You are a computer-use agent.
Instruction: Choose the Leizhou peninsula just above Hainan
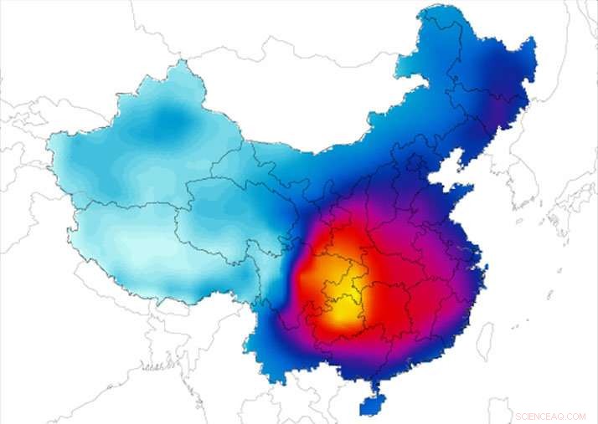tap(374, 381)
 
